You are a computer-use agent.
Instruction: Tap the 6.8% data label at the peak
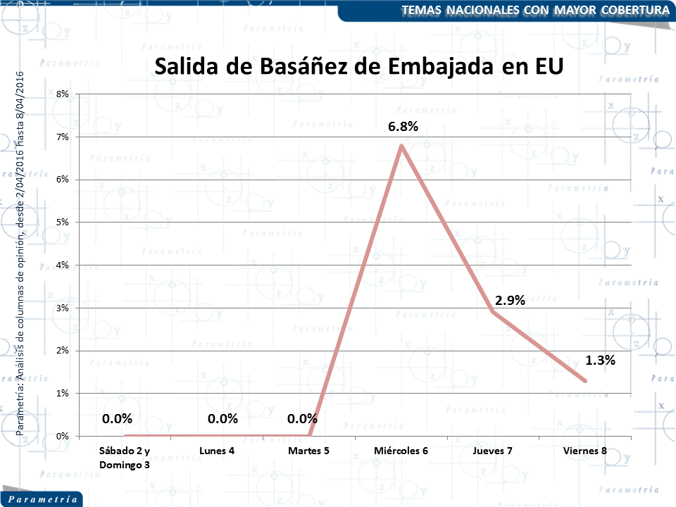click(403, 127)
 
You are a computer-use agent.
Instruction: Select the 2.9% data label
click(510, 300)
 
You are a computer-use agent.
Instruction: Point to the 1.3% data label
click(600, 360)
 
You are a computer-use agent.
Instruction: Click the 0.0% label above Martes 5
click(303, 418)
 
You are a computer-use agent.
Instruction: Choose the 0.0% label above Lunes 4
click(223, 418)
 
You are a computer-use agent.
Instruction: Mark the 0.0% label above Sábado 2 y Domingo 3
click(117, 418)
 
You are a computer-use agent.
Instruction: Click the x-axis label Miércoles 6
click(401, 451)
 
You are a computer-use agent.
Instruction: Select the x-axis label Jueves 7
click(493, 451)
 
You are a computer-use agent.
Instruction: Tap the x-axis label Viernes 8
click(585, 451)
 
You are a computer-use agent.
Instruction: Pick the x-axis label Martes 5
click(309, 451)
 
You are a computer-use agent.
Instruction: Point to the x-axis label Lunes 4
click(217, 451)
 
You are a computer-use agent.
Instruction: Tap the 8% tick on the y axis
click(63, 94)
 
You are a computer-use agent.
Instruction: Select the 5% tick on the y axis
click(63, 223)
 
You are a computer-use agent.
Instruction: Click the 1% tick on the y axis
click(63, 393)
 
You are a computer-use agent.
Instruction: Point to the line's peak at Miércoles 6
click(401, 145)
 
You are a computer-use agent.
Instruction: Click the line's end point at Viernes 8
click(585, 381)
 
